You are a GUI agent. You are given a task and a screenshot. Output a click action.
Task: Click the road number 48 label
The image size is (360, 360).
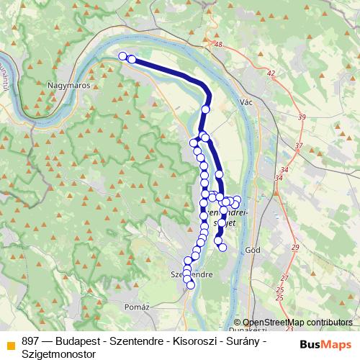(219, 45)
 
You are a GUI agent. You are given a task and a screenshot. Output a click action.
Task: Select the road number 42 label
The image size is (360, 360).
(271, 73)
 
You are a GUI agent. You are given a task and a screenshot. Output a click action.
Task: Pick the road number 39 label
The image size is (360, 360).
(302, 117)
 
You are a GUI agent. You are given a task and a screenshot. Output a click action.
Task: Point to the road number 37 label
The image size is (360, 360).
(297, 145)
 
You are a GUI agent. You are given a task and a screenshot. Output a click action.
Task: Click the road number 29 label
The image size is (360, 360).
(294, 248)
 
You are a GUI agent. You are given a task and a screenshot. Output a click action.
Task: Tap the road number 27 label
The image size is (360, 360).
(284, 278)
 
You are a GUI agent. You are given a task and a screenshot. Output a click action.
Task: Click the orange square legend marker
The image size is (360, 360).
(10, 344)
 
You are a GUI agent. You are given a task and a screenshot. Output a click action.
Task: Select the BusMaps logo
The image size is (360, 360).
(325, 344)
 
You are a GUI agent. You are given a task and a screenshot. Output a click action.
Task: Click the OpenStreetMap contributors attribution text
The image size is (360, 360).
(298, 323)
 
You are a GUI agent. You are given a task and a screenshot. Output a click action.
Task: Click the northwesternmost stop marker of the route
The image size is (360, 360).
(122, 56)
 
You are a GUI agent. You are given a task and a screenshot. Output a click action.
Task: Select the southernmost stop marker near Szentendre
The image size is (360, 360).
(191, 285)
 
